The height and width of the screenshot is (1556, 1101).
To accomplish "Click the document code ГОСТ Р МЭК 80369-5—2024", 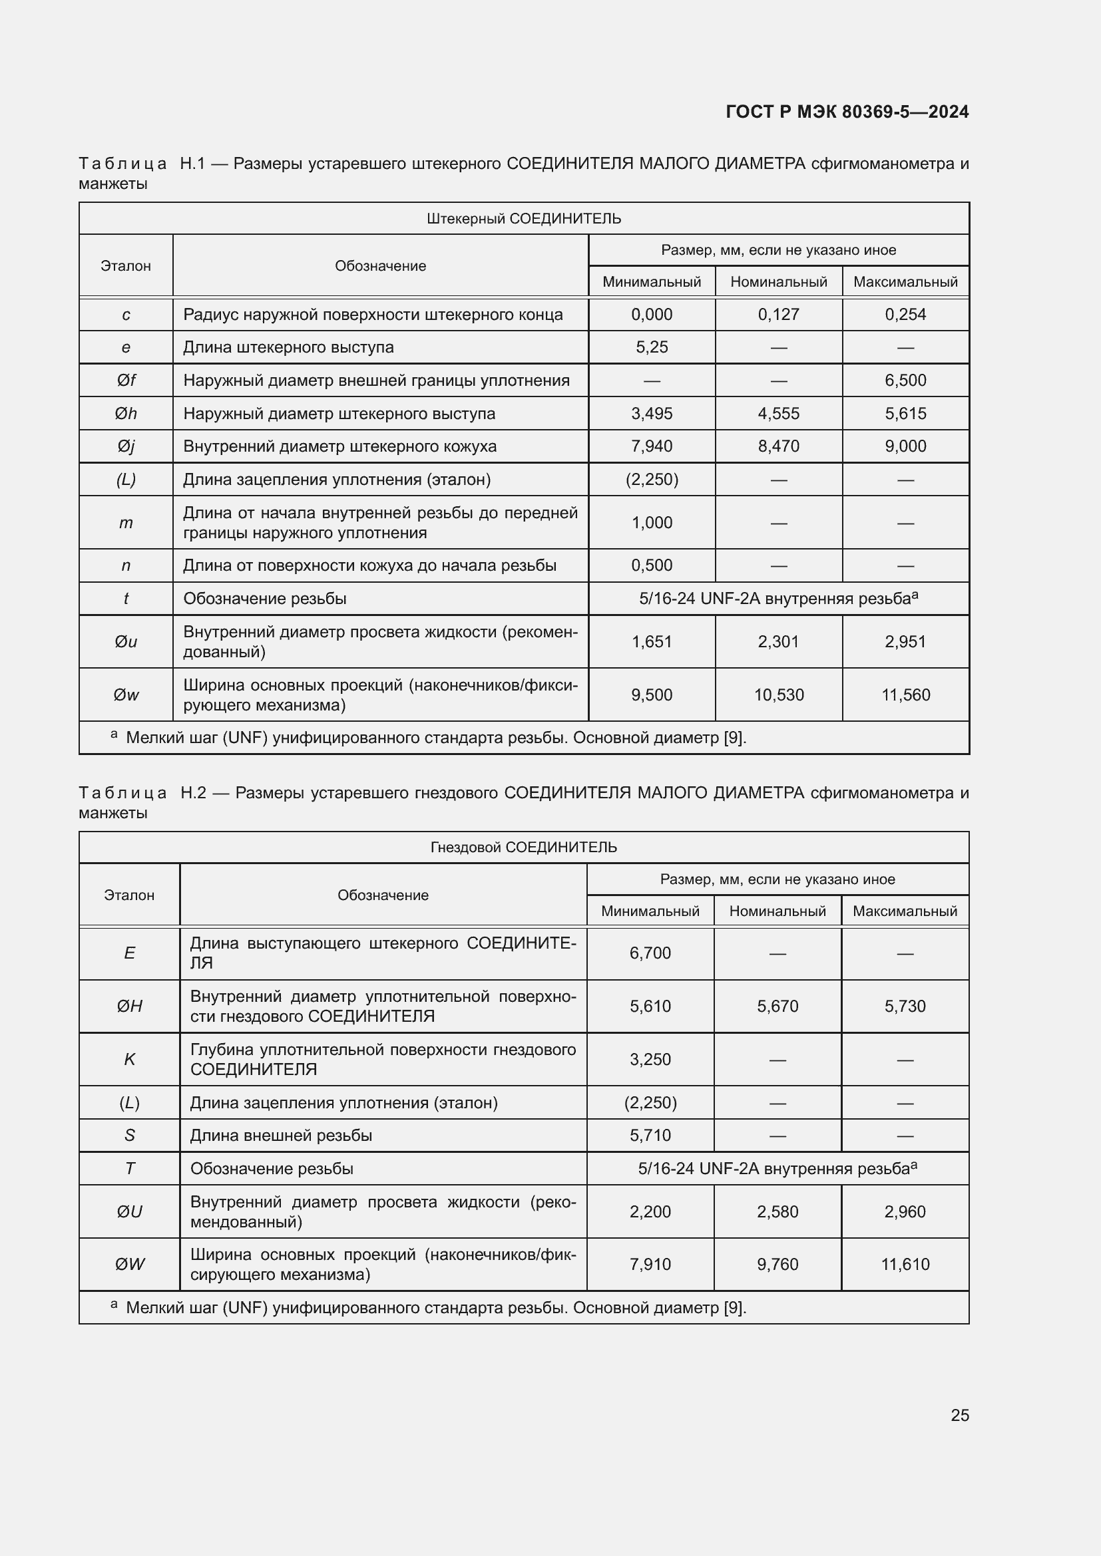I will pos(847,112).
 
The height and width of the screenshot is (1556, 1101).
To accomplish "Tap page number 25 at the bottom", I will pos(959,1415).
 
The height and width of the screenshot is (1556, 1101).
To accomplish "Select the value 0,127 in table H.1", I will pos(778,315).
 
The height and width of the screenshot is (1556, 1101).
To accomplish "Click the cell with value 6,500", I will pos(905,381).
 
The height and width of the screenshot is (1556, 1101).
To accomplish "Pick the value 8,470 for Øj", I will pos(778,446).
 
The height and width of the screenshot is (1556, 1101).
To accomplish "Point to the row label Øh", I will pos(126,413).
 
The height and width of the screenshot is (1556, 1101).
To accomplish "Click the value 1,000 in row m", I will pos(652,522).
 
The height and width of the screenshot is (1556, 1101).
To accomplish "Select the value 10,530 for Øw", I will pos(778,695).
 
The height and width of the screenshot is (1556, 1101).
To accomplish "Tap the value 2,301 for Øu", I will pos(778,641).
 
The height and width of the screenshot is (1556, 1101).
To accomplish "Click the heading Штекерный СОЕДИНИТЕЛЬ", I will pos(523,219).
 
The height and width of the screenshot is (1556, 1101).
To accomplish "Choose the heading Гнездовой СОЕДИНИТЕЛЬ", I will pos(523,847).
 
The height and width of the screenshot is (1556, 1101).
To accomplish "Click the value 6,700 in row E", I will pos(650,953).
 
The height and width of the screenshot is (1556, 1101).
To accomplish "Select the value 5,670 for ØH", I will pos(777,1007).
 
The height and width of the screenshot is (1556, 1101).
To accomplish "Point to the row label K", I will pos(130,1059).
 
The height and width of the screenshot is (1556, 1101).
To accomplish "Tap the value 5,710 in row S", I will pos(650,1135).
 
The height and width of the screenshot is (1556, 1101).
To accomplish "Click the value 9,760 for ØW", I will pos(777,1264).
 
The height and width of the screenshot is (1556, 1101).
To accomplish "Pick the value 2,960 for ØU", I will pos(905,1211).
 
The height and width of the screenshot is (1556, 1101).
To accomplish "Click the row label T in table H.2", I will pos(130,1168).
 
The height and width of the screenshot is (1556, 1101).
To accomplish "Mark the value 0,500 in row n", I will pos(652,565).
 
